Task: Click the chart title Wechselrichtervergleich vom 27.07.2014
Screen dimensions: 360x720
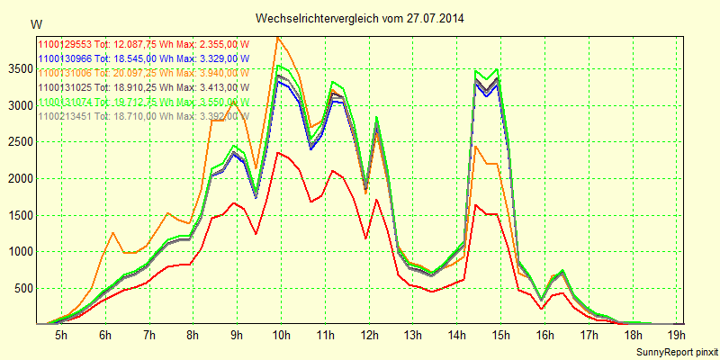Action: coord(360,18)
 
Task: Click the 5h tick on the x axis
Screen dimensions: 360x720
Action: coord(60,336)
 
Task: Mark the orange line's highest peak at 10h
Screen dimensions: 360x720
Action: coord(279,37)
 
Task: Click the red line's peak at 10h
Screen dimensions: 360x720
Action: coord(279,153)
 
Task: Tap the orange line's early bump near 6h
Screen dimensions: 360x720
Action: coord(112,233)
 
